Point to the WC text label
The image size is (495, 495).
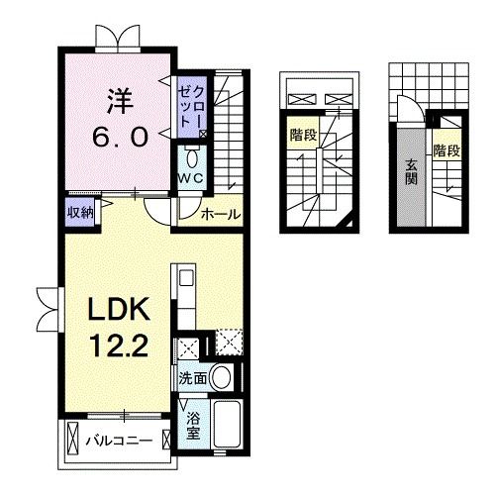click(191, 177)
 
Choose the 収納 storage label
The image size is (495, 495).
click(80, 211)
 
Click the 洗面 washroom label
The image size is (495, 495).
click(193, 378)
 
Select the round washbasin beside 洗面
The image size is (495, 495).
click(224, 377)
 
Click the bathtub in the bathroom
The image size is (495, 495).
click(231, 426)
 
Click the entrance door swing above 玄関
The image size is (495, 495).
click(408, 108)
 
